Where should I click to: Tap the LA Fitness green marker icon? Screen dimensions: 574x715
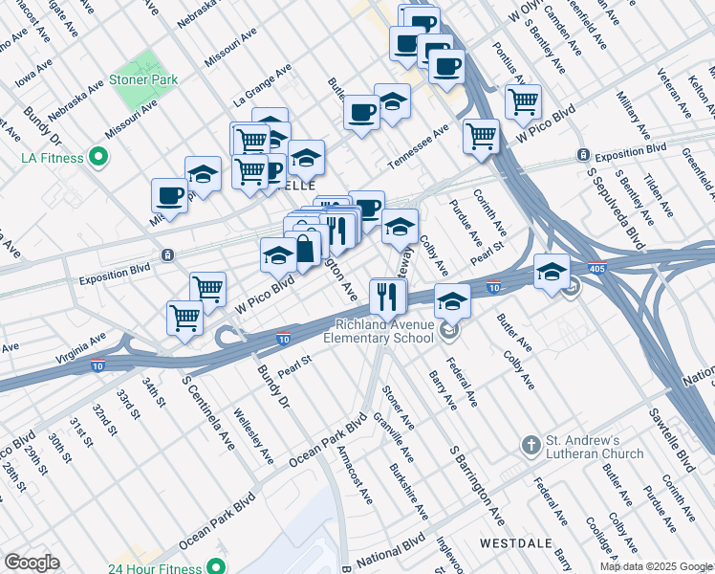click(x=97, y=156)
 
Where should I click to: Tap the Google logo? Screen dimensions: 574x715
click(x=32, y=563)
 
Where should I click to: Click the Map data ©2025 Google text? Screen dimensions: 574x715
click(x=656, y=566)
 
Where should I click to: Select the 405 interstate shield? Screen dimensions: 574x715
click(x=598, y=270)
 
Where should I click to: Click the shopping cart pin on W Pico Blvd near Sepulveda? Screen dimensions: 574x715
click(x=481, y=135)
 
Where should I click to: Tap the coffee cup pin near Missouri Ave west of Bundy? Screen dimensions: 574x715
click(x=170, y=195)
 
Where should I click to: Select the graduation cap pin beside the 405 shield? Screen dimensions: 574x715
click(x=552, y=272)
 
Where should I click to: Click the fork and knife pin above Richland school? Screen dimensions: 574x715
click(x=387, y=296)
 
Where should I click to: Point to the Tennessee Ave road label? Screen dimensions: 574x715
click(x=418, y=143)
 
